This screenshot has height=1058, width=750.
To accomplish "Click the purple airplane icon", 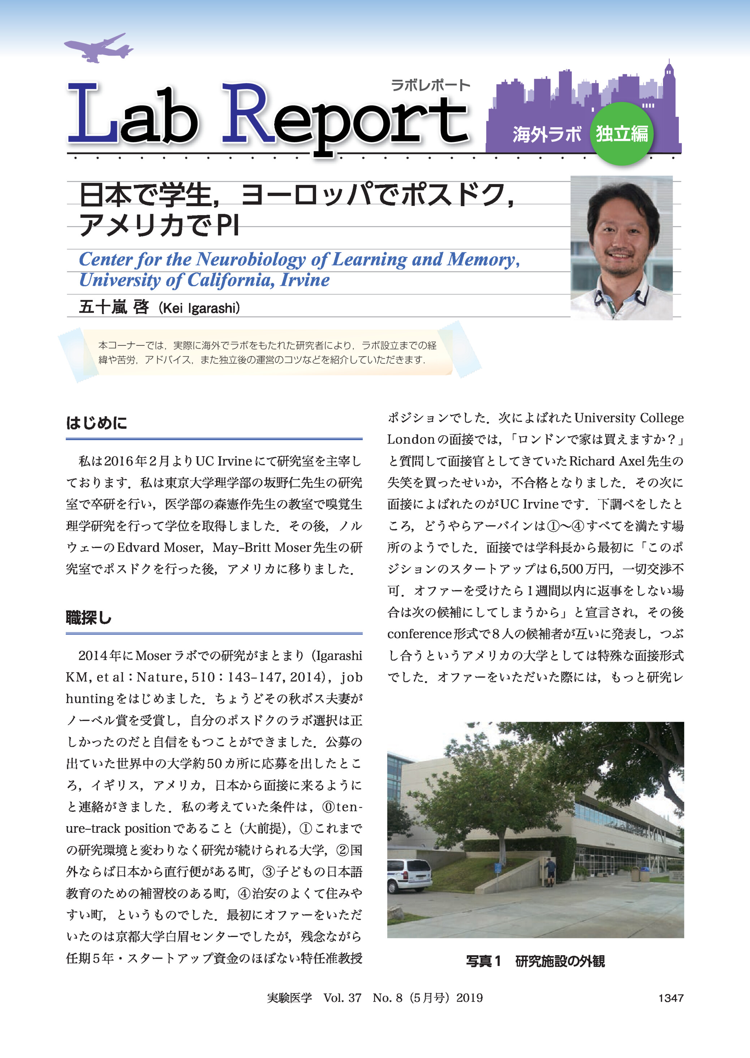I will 98,48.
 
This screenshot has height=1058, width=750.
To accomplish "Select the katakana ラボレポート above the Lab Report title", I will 430,85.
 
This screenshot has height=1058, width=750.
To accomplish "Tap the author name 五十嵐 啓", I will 114,307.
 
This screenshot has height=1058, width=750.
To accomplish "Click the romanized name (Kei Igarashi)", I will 199,308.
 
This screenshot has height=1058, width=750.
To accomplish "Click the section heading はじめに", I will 96,423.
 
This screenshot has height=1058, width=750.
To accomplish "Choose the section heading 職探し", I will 89,617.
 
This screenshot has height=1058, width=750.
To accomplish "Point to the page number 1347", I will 671,998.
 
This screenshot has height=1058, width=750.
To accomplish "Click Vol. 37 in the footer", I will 342,998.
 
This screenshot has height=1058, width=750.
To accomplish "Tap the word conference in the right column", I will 419,634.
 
